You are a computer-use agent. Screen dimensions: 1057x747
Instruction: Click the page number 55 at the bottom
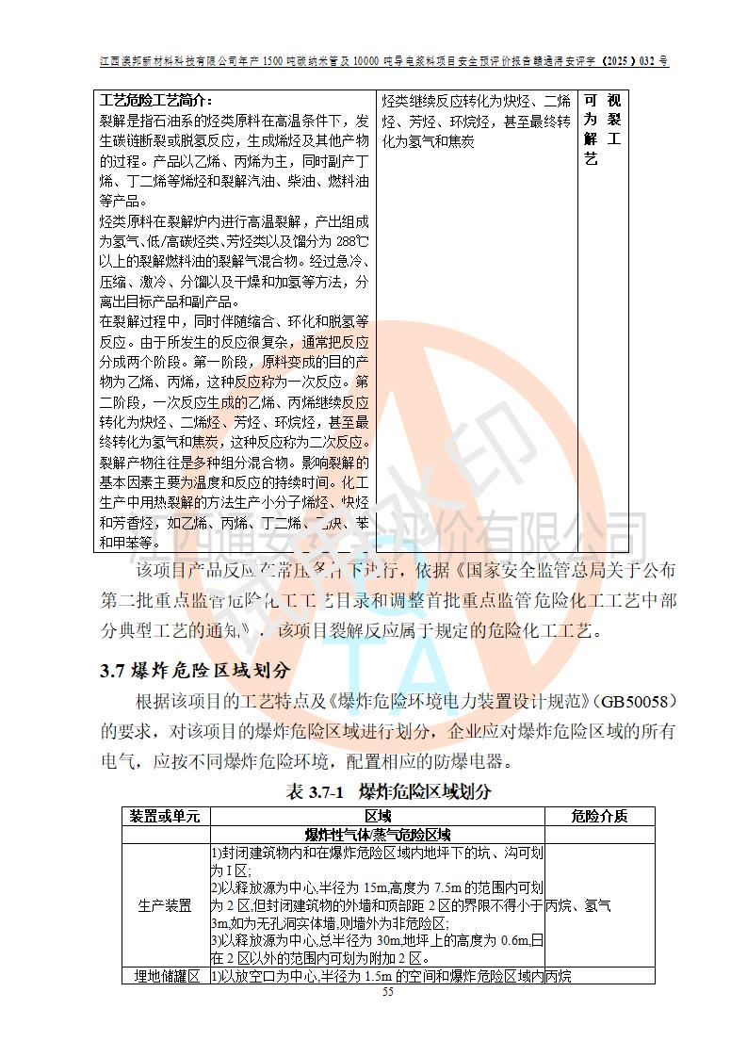pos(387,993)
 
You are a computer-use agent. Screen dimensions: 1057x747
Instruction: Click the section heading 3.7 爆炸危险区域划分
pos(195,670)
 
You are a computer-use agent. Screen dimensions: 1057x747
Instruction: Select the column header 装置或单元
pos(165,816)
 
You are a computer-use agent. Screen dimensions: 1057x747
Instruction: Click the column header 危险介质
pos(599,816)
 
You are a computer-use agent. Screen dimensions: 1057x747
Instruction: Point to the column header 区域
pos(377,816)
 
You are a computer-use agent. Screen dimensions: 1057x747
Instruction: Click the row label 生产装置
pos(165,905)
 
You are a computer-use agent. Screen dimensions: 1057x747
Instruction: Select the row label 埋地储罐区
pos(165,976)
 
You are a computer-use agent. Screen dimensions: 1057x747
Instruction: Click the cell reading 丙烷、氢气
pos(578,905)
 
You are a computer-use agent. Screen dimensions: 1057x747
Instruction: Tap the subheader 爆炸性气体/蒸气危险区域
pos(377,834)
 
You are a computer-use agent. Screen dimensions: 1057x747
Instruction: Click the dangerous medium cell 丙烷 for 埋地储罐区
pos(559,976)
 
